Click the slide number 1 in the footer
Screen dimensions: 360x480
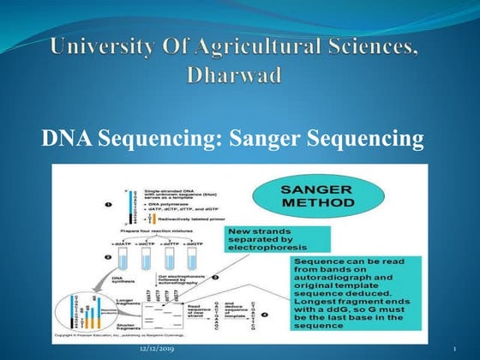coord(453,350)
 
